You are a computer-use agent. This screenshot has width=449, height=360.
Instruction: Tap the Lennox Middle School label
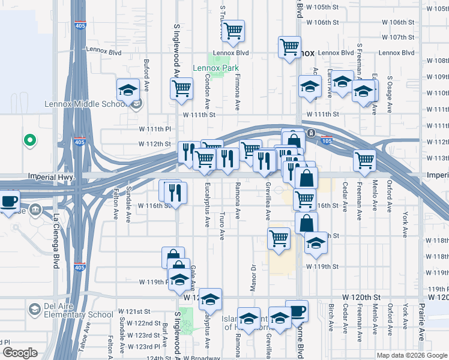click(83, 104)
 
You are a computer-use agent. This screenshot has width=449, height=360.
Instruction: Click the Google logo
click(20, 353)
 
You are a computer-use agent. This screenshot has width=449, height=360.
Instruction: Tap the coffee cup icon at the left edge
click(8, 201)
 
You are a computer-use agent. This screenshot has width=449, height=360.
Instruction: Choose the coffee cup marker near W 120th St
click(297, 311)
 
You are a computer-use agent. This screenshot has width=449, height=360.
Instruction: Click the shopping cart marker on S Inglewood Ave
click(181, 89)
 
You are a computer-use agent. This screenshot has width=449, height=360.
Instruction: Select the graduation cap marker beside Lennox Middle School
click(128, 90)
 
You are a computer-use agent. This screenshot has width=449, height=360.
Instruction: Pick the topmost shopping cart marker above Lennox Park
click(233, 31)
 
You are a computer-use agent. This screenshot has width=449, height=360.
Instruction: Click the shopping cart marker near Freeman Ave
click(364, 160)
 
